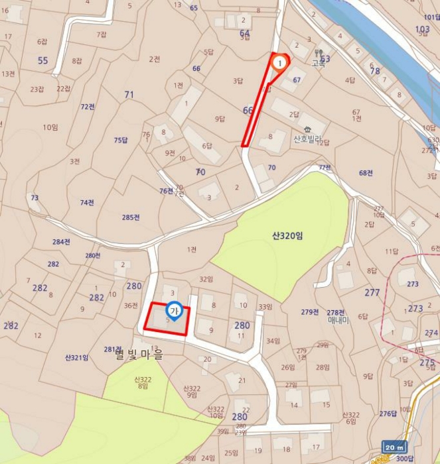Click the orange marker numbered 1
(x=279, y=63)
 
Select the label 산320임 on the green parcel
(x=287, y=235)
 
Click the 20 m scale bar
(x=394, y=446)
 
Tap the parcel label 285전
(x=131, y=217)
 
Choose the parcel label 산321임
(x=76, y=358)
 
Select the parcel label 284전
(x=61, y=242)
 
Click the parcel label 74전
(x=87, y=202)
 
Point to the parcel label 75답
(x=120, y=140)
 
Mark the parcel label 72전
(x=88, y=107)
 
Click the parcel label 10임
(x=51, y=127)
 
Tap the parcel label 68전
(x=366, y=173)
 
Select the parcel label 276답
(x=388, y=414)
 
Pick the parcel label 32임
(x=206, y=279)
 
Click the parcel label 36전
(x=130, y=306)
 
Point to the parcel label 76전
(x=166, y=191)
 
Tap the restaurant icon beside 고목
(x=319, y=52)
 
